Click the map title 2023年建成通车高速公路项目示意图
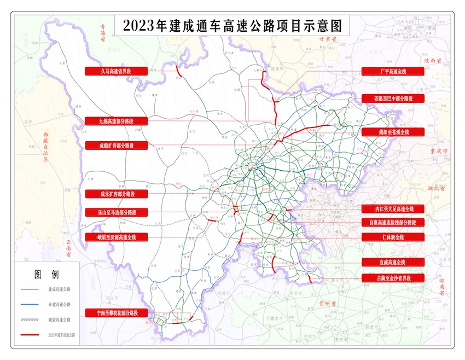tap(233, 26)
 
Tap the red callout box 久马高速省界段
tap(116, 71)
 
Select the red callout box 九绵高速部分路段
tap(116, 121)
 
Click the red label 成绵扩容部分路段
tap(116, 146)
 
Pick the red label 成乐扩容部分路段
tap(116, 194)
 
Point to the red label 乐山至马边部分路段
tap(116, 212)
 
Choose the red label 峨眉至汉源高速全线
tap(116, 237)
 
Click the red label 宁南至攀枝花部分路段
tap(116, 313)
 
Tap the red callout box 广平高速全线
tap(393, 71)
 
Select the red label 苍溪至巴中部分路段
tap(393, 98)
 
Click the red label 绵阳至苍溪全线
tap(393, 132)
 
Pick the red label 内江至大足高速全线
tap(393, 209)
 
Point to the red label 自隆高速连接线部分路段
tap(393, 223)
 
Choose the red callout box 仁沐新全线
tap(393, 237)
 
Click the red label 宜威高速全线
tap(393, 263)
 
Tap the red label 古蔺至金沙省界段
tap(393, 278)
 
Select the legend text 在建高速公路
tap(60, 304)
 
